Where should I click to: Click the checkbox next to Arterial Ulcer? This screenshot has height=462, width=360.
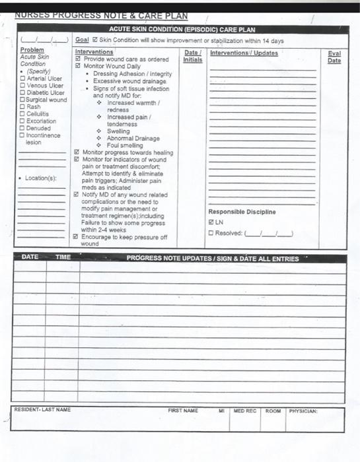point(23,79)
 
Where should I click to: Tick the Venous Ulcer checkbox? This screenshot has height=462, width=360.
point(23,86)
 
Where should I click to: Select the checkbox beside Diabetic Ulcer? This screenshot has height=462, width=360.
point(23,93)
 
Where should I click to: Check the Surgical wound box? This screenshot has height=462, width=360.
point(23,100)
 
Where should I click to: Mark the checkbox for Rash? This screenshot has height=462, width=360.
point(23,107)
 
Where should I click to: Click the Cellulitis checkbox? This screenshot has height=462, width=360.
point(23,114)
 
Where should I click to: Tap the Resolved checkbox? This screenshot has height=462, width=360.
point(211,232)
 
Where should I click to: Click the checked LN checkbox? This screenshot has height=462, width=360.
point(211,222)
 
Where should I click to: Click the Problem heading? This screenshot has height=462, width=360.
point(32,50)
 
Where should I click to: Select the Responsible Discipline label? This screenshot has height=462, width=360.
point(242,212)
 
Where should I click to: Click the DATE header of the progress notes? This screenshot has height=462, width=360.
point(30,257)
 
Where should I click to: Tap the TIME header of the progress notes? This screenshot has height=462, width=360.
point(63,257)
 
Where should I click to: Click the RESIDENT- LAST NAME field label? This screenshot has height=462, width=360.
point(42,410)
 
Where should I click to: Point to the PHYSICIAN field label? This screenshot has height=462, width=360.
point(303,411)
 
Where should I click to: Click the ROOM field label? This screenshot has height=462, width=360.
point(273,411)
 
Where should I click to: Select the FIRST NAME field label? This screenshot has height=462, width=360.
point(183,411)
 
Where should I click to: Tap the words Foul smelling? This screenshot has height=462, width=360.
point(125,145)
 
